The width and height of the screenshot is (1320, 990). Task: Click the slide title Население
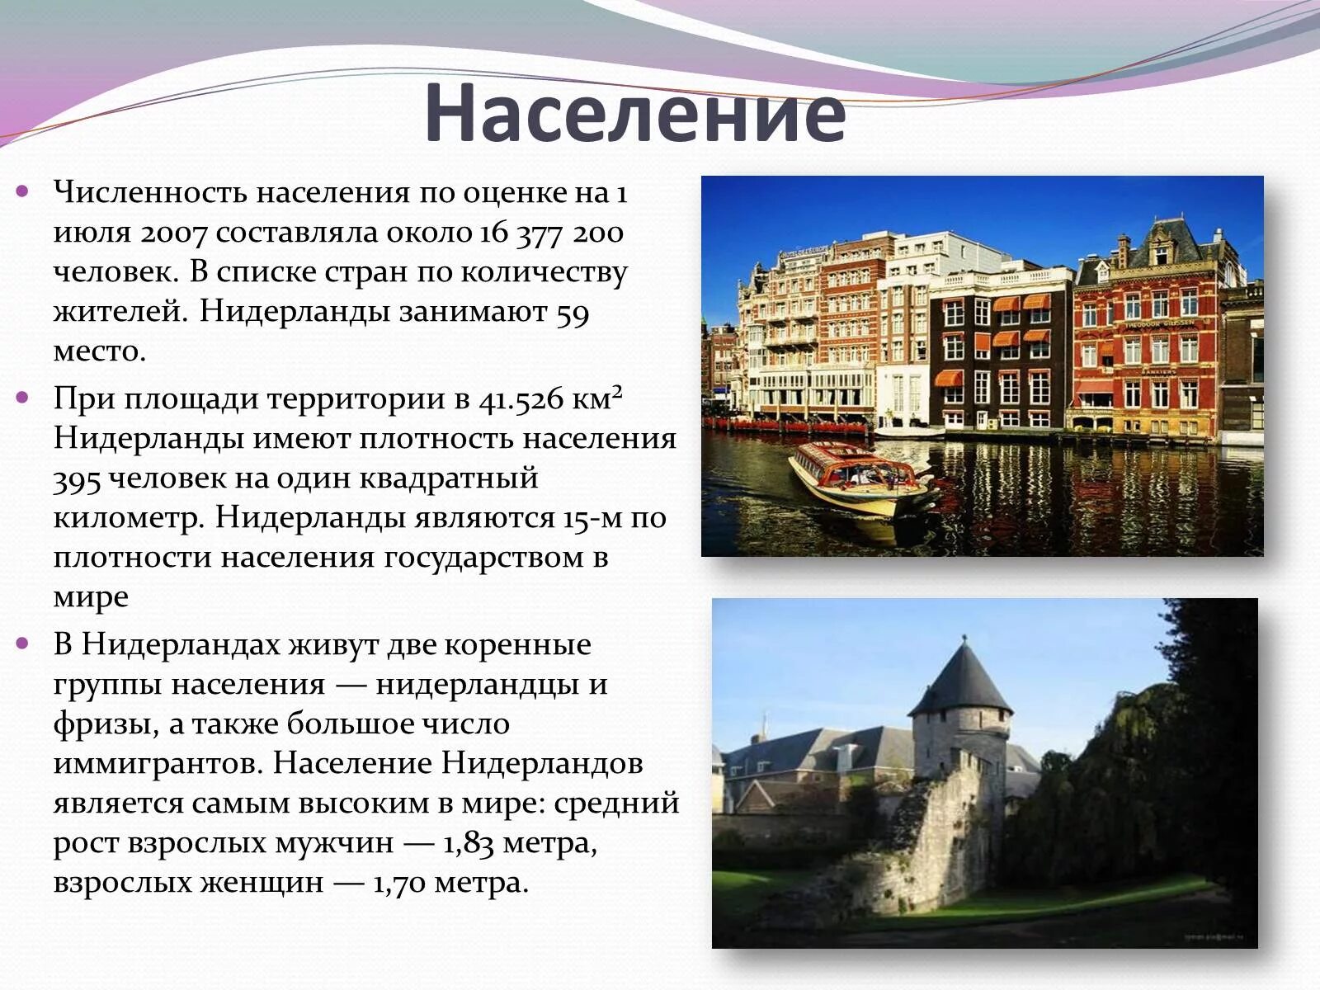click(635, 114)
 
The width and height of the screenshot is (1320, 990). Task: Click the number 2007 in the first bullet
click(173, 233)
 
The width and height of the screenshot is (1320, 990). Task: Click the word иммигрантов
click(157, 764)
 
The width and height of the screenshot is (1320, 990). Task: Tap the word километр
click(127, 518)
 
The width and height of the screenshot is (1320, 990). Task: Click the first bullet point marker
click(22, 191)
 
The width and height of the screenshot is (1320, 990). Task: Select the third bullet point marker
click(22, 643)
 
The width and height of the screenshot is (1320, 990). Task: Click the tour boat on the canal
click(858, 479)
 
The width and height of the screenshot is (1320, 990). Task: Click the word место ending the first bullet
click(99, 352)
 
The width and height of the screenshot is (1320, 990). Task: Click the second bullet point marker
click(22, 398)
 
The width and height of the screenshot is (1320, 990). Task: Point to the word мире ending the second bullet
click(91, 597)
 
